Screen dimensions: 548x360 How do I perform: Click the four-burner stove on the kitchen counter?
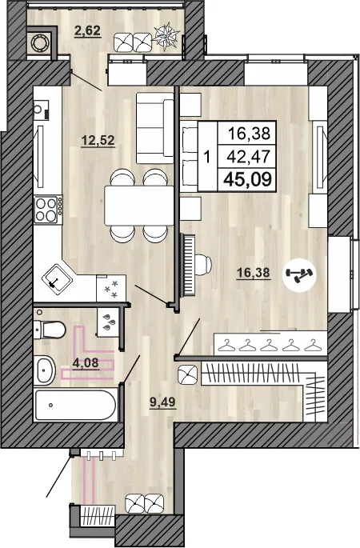47,210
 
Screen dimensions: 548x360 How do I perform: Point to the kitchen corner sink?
57,278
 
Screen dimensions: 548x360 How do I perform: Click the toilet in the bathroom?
51,328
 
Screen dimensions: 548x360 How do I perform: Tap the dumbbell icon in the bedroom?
306,274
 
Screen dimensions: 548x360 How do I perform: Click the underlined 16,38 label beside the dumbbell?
253,273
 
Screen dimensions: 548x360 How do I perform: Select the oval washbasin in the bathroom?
46,370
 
